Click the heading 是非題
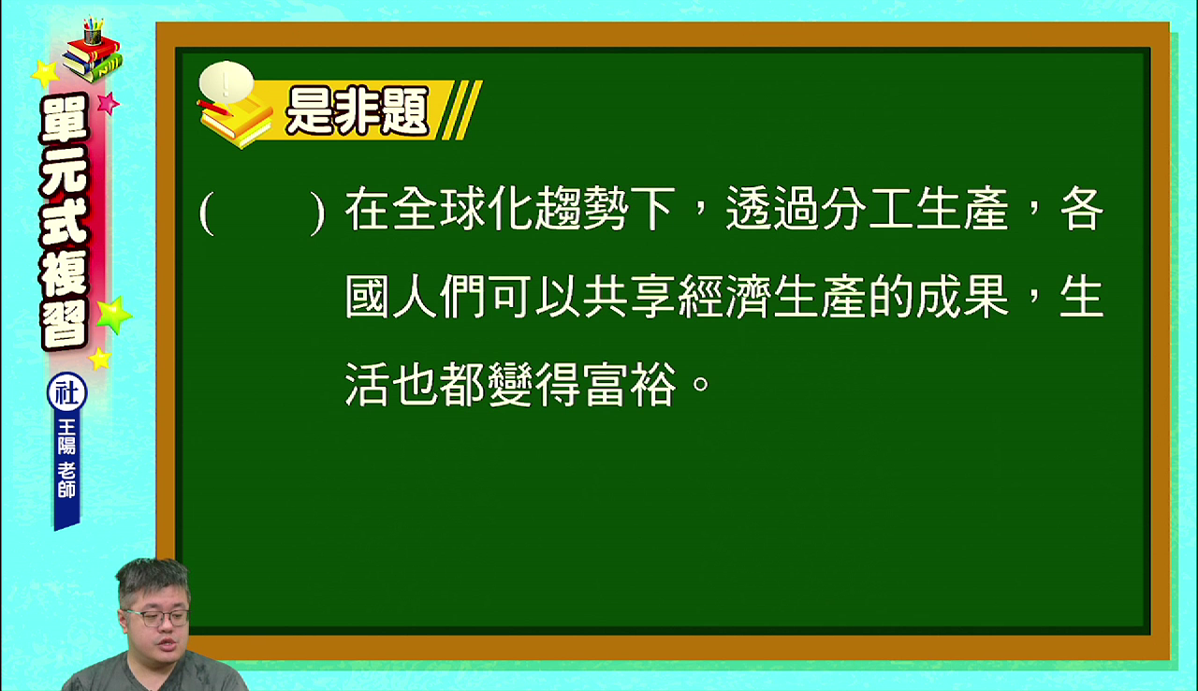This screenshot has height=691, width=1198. (x=358, y=110)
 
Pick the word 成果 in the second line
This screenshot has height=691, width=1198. (x=961, y=297)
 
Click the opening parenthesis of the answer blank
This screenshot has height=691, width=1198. (x=207, y=213)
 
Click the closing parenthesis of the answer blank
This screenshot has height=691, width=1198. (x=317, y=213)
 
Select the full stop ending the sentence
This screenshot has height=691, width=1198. (x=701, y=383)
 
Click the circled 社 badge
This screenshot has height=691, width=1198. (x=66, y=392)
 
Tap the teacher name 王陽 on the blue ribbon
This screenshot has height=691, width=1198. (x=66, y=436)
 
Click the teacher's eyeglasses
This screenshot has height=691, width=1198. (x=158, y=618)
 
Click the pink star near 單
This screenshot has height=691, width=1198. (x=108, y=103)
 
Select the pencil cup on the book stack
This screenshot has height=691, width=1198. (x=93, y=31)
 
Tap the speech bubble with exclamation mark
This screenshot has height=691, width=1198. (x=226, y=81)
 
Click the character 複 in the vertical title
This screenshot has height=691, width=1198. (x=65, y=273)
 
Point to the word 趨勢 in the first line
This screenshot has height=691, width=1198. (x=582, y=209)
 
